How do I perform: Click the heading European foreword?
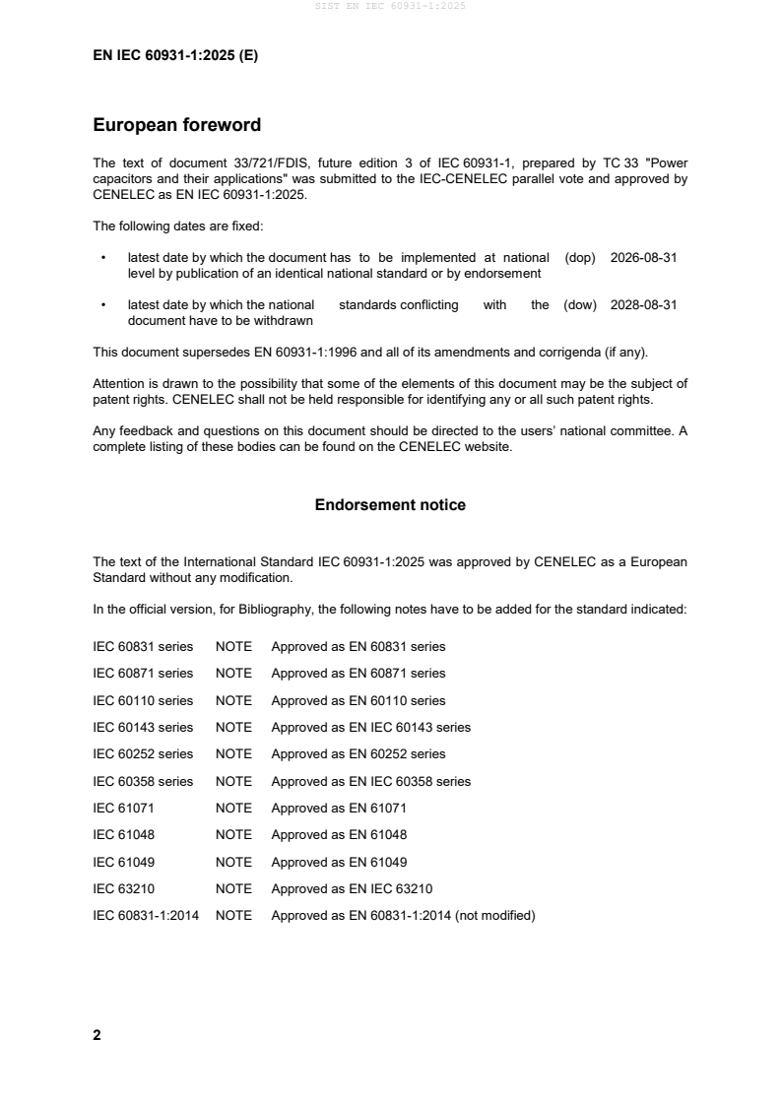[x=176, y=125]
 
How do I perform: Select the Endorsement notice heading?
[x=390, y=505]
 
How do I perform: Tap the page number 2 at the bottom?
[x=97, y=1035]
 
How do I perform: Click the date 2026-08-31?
[x=643, y=257]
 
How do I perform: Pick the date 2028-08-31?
[x=643, y=305]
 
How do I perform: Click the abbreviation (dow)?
[x=580, y=305]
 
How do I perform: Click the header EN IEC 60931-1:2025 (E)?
[x=175, y=56]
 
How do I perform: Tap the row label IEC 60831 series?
[x=143, y=647]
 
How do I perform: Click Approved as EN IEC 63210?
[x=352, y=889]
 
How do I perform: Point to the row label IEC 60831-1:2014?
[x=146, y=916]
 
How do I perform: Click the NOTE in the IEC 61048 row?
[x=233, y=835]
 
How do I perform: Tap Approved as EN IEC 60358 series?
[x=370, y=782]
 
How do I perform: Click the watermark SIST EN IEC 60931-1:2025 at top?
[x=390, y=6]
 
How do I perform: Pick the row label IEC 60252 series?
[x=143, y=754]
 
